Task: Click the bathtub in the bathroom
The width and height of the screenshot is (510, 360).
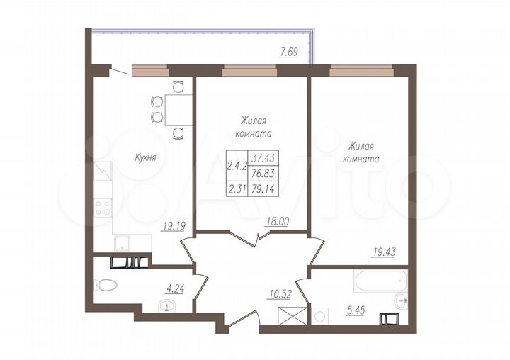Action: coord(380,281)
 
